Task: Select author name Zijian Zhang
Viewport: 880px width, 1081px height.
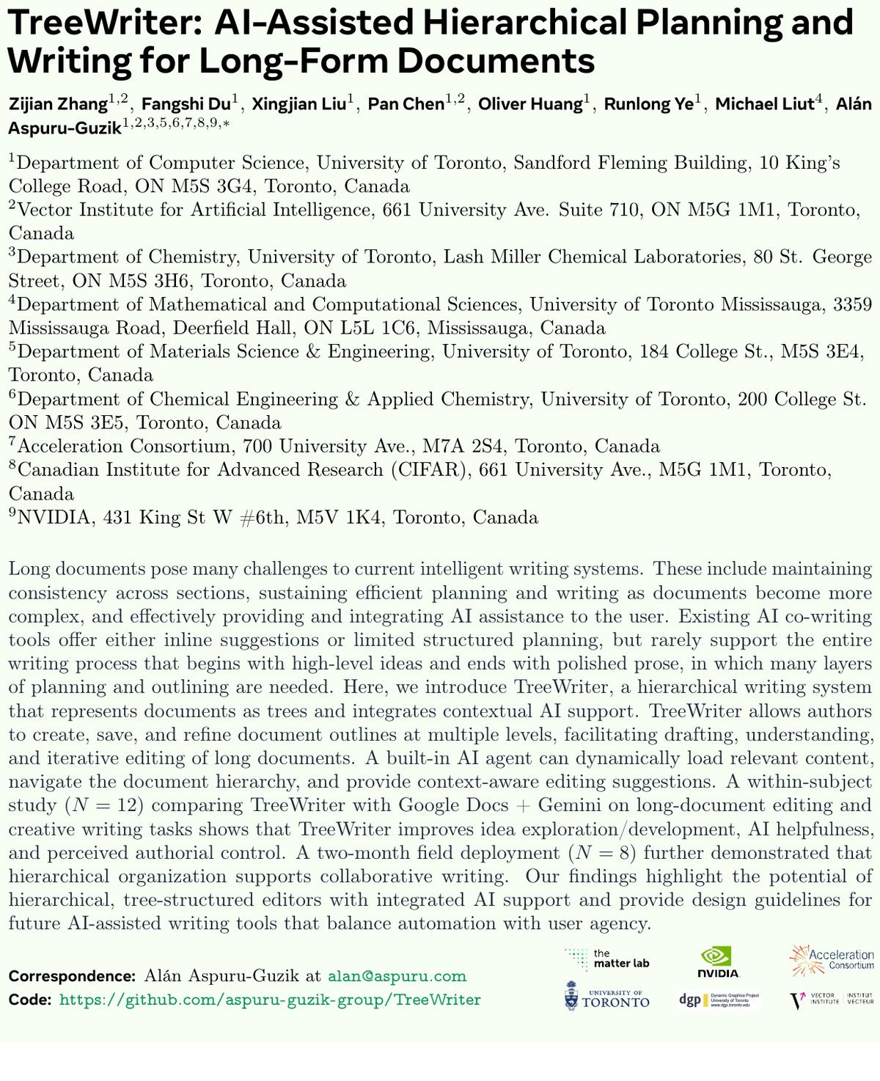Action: [x=58, y=104]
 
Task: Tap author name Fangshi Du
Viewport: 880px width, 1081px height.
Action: [x=186, y=104]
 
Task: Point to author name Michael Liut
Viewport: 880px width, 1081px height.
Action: [x=764, y=104]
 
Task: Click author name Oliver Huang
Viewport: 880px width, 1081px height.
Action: [x=530, y=104]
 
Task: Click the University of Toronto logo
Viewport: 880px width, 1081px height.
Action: [x=607, y=998]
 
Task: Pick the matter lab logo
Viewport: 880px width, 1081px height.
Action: [x=608, y=959]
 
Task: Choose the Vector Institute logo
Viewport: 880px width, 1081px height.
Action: [x=832, y=1000]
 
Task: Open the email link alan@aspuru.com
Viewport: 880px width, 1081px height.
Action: [x=397, y=976]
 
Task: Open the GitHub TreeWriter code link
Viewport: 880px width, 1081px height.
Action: [x=270, y=1000]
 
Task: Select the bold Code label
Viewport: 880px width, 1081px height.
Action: [x=30, y=1000]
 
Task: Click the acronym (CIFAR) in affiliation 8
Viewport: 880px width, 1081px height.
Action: [x=428, y=469]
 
